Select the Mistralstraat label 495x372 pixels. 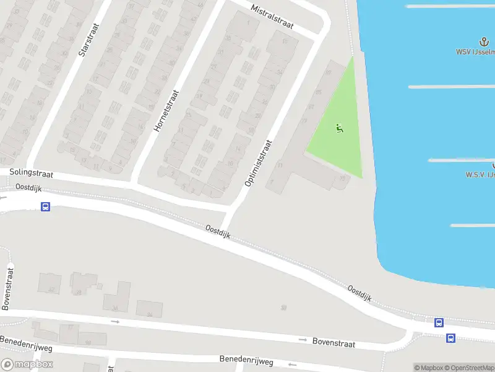(272, 19)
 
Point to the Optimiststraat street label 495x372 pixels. (258, 162)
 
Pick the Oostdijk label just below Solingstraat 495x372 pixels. (28, 187)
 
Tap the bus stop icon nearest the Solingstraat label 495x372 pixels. (45, 206)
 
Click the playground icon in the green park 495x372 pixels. (338, 128)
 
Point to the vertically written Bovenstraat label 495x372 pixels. (7, 288)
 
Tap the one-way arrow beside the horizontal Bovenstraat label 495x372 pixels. (303, 340)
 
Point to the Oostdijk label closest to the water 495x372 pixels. (359, 294)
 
